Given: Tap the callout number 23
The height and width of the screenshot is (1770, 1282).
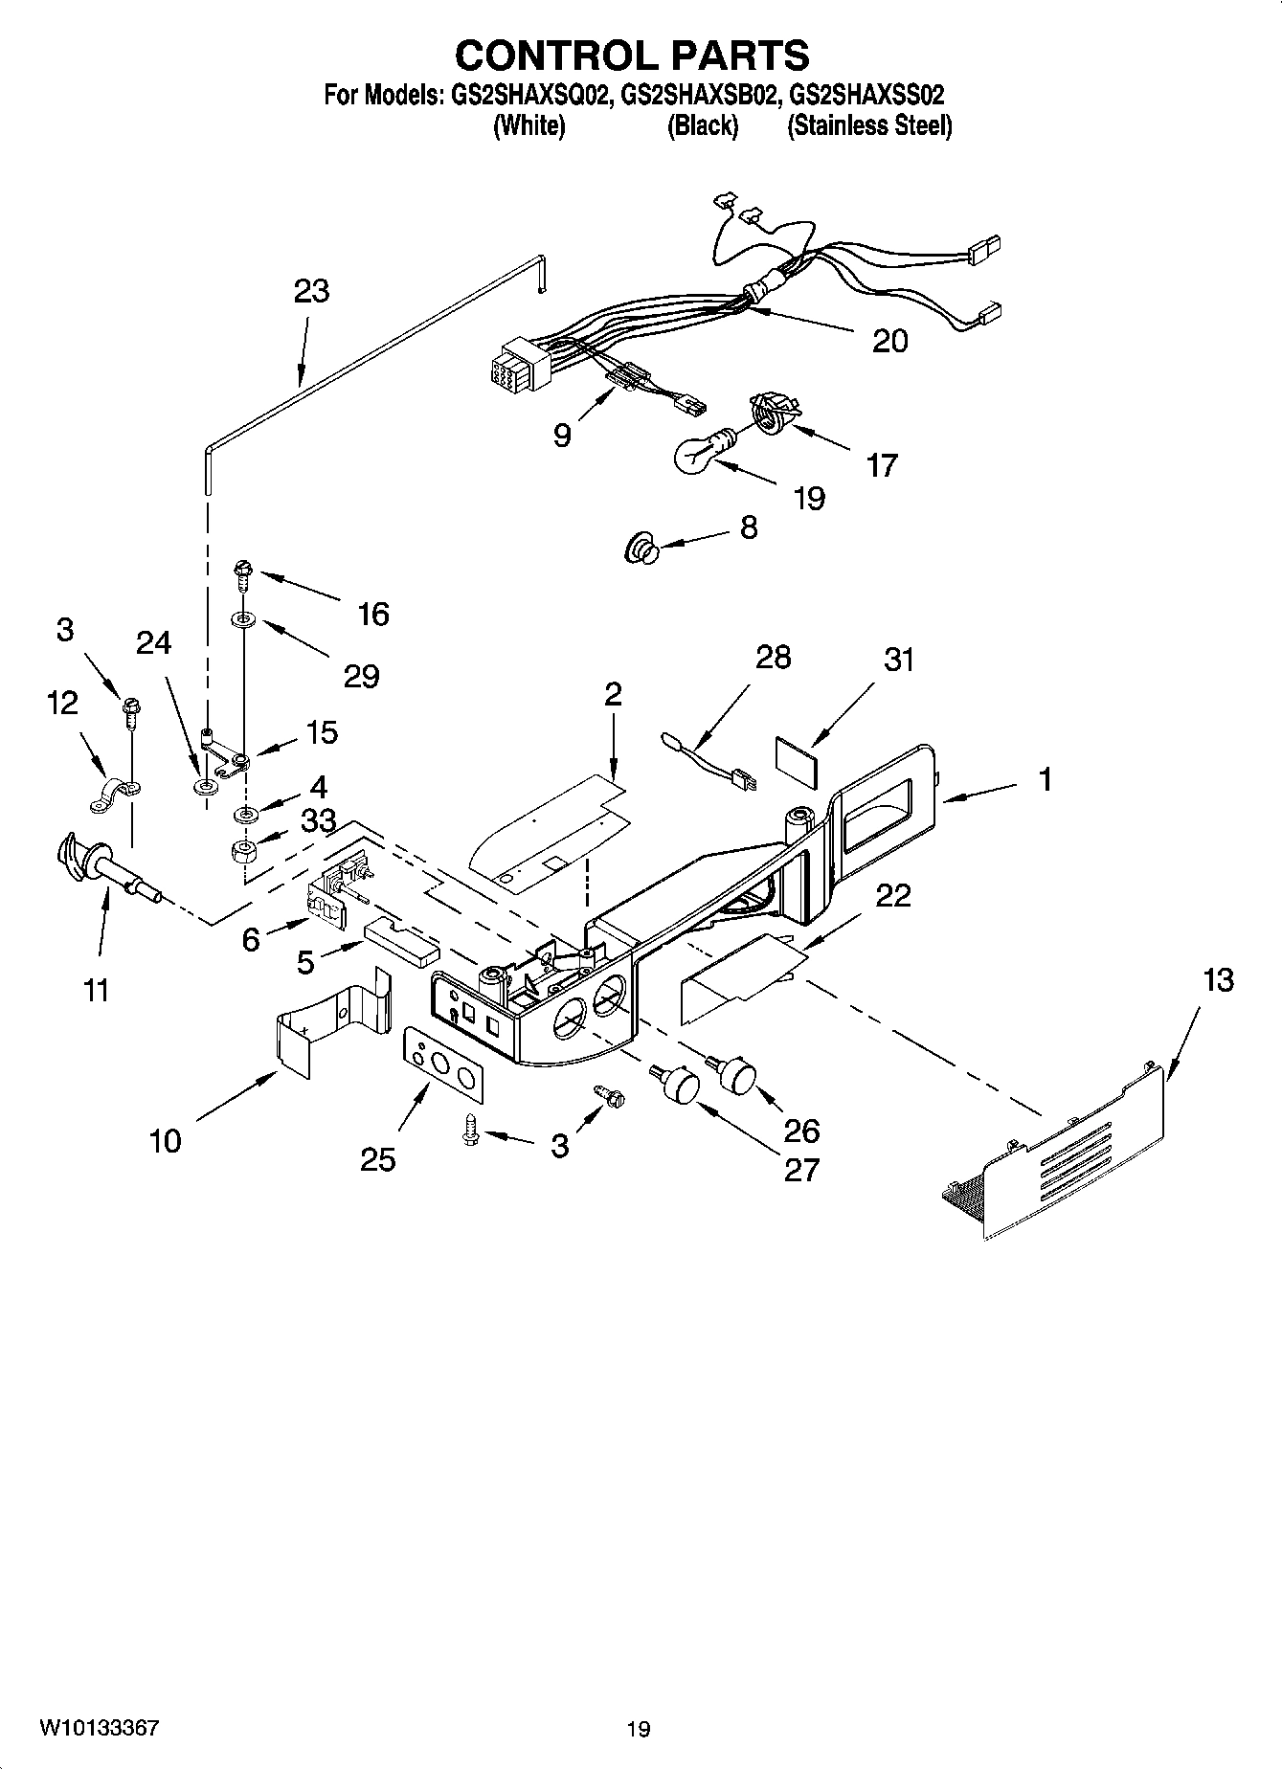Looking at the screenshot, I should [311, 290].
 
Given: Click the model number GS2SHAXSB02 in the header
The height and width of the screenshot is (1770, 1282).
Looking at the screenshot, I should [697, 95].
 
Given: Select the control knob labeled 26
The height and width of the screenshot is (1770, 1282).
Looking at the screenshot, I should [735, 1073].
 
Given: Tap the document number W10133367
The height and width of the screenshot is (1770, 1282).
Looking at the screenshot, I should [99, 1728].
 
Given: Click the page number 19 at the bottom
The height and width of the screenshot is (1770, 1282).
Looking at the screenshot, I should [639, 1729].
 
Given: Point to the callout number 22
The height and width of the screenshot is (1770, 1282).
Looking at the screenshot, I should [892, 896].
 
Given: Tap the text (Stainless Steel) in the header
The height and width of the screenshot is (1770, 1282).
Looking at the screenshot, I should [868, 125].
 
